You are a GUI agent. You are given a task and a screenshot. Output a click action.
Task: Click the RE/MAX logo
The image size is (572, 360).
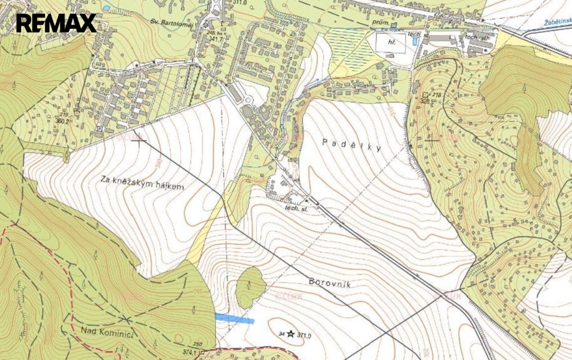(56, 23)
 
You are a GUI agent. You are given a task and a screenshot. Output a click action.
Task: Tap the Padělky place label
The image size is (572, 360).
(351, 145)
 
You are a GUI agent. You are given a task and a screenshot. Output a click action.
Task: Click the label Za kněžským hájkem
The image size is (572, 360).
(142, 183)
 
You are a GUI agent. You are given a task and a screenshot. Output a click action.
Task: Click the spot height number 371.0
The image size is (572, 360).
(304, 336)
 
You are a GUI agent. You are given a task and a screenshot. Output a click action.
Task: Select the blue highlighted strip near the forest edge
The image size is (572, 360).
(235, 319)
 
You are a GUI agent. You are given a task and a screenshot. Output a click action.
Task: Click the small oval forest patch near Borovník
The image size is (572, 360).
(249, 287)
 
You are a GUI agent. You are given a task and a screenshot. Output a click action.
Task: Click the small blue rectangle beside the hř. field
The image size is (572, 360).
(414, 42)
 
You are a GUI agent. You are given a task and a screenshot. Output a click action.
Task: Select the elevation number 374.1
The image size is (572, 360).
(189, 352)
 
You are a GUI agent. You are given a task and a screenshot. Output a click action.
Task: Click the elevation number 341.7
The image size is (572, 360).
(215, 38)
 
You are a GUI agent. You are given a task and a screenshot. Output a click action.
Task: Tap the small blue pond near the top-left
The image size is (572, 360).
(106, 8)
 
